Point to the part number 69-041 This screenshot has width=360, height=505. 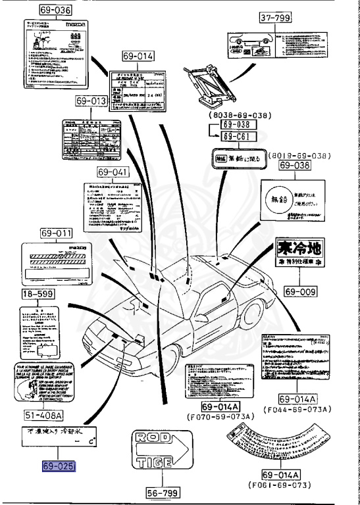113,172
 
